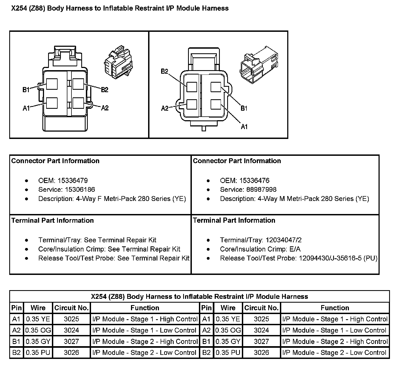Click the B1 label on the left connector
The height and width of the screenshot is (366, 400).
coord(26,90)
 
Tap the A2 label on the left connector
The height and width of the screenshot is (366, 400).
coord(105,108)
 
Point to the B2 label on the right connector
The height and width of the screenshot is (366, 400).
coord(165,71)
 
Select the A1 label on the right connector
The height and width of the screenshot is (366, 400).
coord(244,126)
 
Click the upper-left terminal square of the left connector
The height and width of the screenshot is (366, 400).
coord(52,84)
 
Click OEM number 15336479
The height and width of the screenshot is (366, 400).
coord(73,181)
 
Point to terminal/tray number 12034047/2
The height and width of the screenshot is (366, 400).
coord(283,240)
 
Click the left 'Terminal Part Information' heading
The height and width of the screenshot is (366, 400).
coord(52,220)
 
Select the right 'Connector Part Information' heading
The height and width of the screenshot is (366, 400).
coord(237,161)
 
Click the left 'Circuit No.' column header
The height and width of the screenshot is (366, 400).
coord(71,308)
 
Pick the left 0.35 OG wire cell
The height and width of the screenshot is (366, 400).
coord(38,330)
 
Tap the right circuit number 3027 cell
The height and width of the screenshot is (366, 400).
coord(261,342)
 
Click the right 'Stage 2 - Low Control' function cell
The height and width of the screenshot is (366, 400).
coord(335,353)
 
